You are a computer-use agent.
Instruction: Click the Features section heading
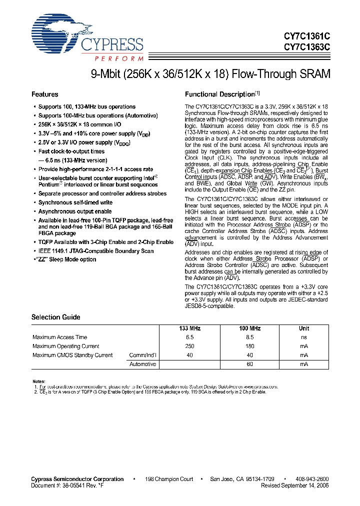click(x=45, y=94)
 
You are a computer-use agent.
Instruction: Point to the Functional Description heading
click(x=220, y=94)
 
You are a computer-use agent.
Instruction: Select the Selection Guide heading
click(x=55, y=317)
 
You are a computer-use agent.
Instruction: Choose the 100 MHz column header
click(x=249, y=328)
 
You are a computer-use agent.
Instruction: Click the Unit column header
click(x=303, y=328)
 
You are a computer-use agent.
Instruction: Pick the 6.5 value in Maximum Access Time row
click(x=189, y=337)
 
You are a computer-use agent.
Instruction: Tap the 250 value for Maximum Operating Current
click(x=189, y=346)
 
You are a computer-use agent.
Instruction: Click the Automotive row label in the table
click(x=143, y=364)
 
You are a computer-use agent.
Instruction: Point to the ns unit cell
click(x=303, y=337)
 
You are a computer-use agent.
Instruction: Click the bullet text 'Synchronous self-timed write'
click(x=75, y=202)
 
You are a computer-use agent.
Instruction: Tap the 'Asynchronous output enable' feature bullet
click(x=75, y=211)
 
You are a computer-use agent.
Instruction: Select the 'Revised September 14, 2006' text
click(x=294, y=485)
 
